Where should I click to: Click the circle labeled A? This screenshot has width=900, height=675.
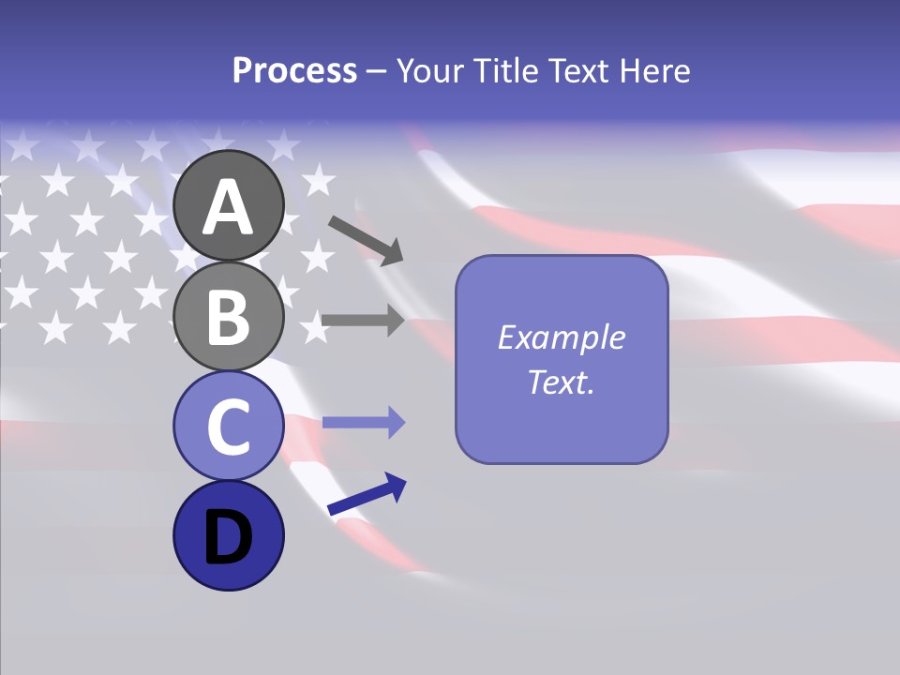tap(228, 206)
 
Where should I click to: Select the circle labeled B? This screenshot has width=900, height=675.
tap(228, 316)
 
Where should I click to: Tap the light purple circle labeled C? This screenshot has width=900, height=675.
tap(228, 426)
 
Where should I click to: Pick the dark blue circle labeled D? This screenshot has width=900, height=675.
tap(228, 535)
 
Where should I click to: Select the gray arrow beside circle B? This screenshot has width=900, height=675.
tap(362, 320)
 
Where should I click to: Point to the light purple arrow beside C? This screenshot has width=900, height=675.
tap(362, 423)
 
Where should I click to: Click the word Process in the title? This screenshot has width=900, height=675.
tap(294, 70)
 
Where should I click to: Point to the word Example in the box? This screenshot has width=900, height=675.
tap(562, 337)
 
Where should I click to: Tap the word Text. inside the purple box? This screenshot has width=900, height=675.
tap(562, 382)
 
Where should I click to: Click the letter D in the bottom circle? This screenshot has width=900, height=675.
tap(228, 537)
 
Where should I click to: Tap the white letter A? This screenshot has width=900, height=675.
tap(228, 207)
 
